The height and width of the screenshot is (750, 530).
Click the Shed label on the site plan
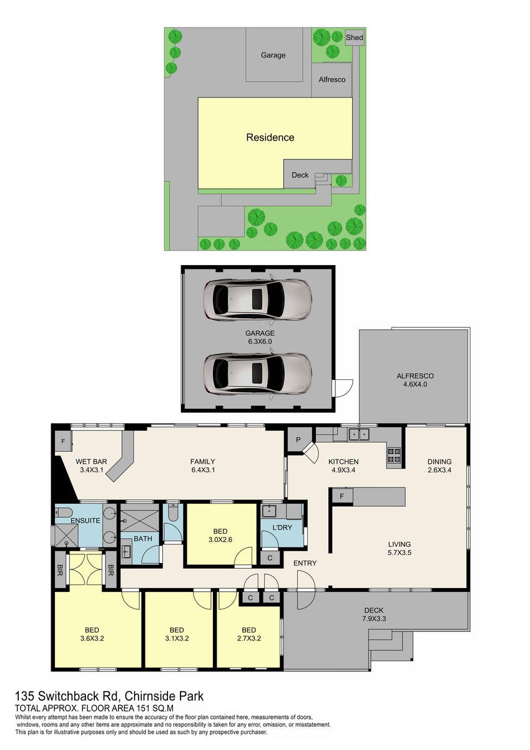click(354, 37)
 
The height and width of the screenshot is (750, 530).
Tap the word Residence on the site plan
click(270, 137)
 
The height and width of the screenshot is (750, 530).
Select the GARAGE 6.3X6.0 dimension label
click(260, 337)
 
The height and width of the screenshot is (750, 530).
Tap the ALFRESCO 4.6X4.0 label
click(415, 380)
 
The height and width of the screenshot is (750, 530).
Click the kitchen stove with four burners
click(394, 455)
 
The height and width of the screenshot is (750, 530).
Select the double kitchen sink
click(359, 434)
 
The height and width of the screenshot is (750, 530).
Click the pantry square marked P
click(298, 440)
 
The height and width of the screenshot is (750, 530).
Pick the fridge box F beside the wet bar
click(63, 441)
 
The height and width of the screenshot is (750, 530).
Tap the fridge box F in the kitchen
click(341, 496)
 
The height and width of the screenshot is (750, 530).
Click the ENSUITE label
click(86, 521)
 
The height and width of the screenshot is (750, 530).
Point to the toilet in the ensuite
click(64, 512)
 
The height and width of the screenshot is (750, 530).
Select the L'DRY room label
click(282, 527)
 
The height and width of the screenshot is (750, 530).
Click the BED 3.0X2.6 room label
click(220, 535)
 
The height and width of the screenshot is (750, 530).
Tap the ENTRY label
click(305, 563)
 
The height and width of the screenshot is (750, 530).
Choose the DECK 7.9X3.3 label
click(374, 614)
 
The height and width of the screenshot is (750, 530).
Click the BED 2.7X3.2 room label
click(249, 634)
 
